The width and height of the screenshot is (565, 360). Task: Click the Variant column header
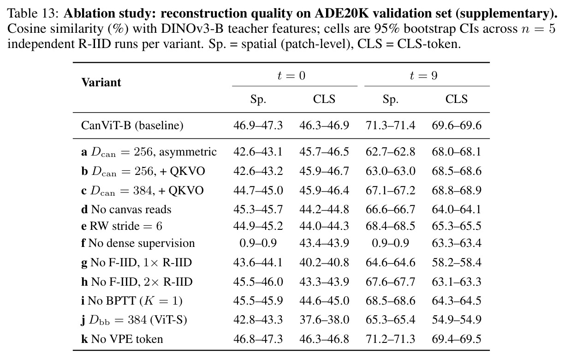[x=101, y=82]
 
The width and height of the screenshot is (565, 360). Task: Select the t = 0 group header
[x=291, y=76]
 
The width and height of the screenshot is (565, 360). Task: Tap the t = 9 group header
[x=424, y=76]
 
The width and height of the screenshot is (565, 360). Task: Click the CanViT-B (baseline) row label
[x=132, y=126]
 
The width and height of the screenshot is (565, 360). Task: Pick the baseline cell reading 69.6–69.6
[x=457, y=126]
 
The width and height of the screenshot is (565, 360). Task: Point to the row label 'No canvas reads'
[x=126, y=209]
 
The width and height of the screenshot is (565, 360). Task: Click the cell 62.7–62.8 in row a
[x=391, y=152]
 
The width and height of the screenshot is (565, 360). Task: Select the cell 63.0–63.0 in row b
[x=391, y=171]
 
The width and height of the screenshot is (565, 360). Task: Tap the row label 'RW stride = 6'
[x=122, y=226]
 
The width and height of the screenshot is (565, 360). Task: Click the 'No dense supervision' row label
[x=138, y=243]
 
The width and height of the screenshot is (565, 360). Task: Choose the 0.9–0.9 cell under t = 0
[x=258, y=243]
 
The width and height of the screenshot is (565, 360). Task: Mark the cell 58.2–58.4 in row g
[x=457, y=262]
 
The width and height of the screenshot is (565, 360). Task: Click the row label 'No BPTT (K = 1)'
[x=131, y=300]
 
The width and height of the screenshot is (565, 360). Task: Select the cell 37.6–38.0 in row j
[x=324, y=320]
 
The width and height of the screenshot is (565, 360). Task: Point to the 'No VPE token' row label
[x=122, y=339]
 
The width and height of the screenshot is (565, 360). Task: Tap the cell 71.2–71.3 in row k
[x=391, y=339]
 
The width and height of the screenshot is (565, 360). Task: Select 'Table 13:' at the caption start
[x=33, y=13]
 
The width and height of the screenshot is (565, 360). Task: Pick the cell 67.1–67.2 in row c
[x=391, y=190]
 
